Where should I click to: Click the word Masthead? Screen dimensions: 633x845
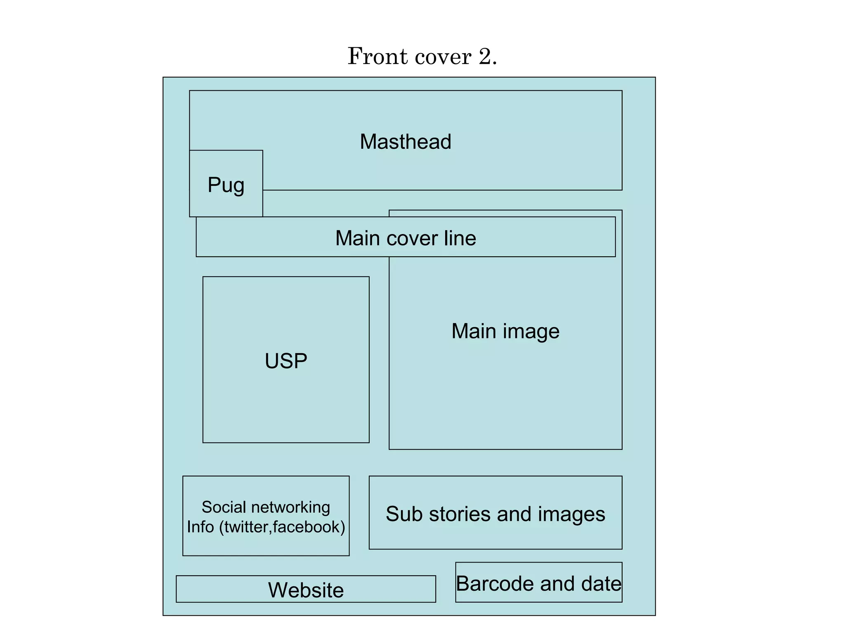405,142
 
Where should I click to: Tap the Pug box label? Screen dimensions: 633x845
226,185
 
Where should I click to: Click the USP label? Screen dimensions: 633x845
286,361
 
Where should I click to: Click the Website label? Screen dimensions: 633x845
306,590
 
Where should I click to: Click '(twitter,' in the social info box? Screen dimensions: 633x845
245,527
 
